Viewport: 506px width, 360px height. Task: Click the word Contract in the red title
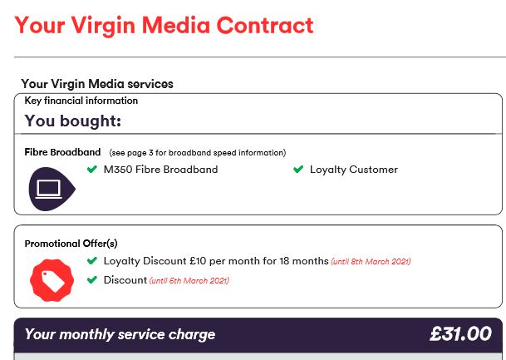pyautogui.click(x=265, y=25)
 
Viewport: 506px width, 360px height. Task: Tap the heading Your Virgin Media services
pyautogui.click(x=97, y=84)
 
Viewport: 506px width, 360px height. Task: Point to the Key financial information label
pyautogui.click(x=81, y=101)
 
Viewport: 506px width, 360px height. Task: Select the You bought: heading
pyautogui.click(x=73, y=121)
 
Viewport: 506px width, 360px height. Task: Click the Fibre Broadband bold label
pyautogui.click(x=62, y=152)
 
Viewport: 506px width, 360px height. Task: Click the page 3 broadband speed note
pyautogui.click(x=198, y=153)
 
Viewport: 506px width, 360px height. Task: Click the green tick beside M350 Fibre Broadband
pyautogui.click(x=92, y=169)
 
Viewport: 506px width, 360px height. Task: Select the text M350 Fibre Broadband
pyautogui.click(x=160, y=170)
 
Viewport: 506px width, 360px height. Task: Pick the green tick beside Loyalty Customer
pyautogui.click(x=298, y=169)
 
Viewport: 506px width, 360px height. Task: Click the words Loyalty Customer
pyautogui.click(x=354, y=170)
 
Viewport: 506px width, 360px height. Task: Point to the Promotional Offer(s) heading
pyautogui.click(x=71, y=244)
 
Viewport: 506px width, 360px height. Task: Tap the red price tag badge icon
pyautogui.click(x=52, y=280)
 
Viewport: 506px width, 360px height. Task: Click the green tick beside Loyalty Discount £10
pyautogui.click(x=92, y=260)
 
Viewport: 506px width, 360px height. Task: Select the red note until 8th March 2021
pyautogui.click(x=371, y=262)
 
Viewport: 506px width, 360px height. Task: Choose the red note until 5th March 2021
pyautogui.click(x=189, y=280)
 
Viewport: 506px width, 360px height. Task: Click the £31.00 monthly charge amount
pyautogui.click(x=461, y=333)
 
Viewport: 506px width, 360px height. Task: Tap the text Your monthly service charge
pyautogui.click(x=120, y=334)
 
